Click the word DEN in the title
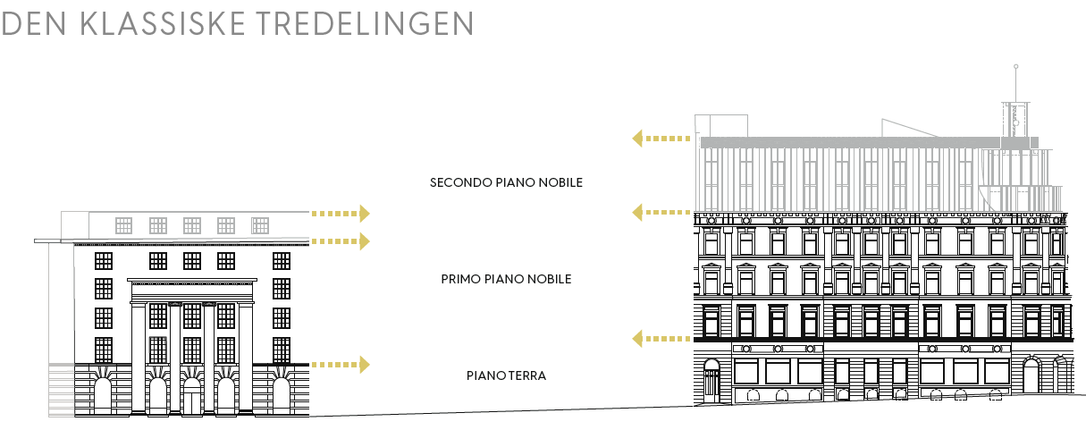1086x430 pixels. (x=35, y=24)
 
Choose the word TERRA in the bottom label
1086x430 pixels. (x=527, y=375)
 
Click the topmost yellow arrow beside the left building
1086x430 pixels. (x=341, y=213)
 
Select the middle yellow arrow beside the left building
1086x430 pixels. (x=341, y=240)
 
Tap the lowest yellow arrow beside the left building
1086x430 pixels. (x=341, y=364)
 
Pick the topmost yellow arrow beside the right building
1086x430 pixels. (x=661, y=139)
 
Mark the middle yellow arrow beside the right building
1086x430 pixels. (x=661, y=212)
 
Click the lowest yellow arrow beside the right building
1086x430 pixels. (x=661, y=338)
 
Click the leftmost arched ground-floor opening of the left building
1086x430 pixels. (x=103, y=396)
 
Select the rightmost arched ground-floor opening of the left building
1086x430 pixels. (x=281, y=396)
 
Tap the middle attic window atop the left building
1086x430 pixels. (x=191, y=225)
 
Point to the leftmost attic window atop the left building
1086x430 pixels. (x=123, y=225)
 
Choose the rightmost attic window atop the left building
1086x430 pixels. (x=260, y=225)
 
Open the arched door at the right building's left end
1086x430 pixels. (x=711, y=382)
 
